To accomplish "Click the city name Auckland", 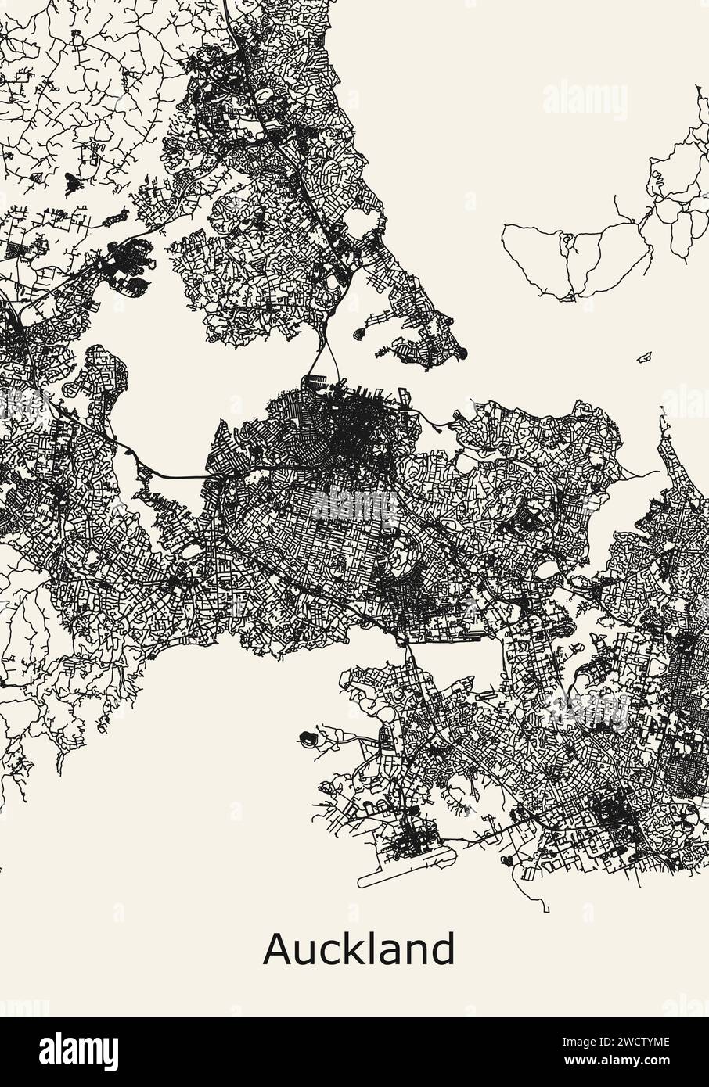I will pos(358,949).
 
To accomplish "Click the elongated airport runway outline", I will pos(407,868).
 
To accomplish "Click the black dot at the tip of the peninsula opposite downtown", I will pos(464,350).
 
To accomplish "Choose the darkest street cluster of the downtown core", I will pos(356,426).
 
